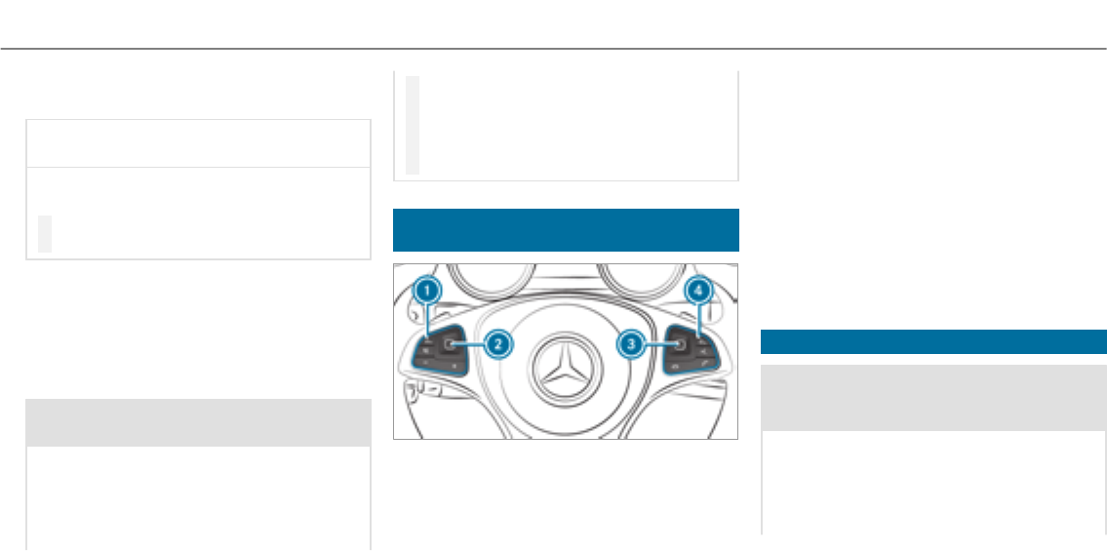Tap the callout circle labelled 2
[496, 343]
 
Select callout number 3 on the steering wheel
[633, 343]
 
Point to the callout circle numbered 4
[697, 290]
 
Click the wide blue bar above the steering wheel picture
[565, 229]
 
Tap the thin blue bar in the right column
[933, 341]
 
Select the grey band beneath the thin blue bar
[933, 398]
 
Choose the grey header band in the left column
[198, 422]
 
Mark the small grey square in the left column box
[45, 234]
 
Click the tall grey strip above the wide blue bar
[413, 124]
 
